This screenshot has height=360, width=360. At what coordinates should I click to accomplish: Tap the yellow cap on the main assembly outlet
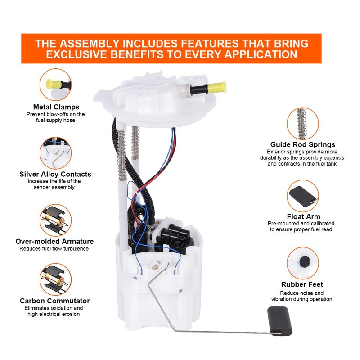coord(218,85)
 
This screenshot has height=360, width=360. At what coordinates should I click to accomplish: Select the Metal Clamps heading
coord(56,107)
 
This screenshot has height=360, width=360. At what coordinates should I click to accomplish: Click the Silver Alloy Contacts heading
coord(55,174)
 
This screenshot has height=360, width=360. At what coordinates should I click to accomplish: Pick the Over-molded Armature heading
coord(54,241)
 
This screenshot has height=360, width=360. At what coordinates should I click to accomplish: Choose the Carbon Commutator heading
coord(55,301)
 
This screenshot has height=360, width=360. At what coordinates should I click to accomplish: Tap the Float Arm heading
coord(304,216)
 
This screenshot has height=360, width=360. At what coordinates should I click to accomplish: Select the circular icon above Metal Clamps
coord(56,85)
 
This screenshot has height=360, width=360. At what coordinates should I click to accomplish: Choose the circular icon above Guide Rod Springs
coord(302,122)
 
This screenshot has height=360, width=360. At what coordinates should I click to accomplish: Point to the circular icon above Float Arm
coord(302,195)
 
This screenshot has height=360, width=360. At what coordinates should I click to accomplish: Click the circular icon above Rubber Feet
coord(302,263)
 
